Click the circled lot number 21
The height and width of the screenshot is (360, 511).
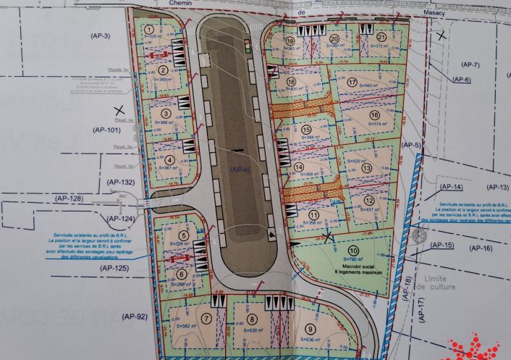coord(381,37)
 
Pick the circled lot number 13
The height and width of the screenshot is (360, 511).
coord(367,168)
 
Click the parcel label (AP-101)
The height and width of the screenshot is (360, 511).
coord(105,130)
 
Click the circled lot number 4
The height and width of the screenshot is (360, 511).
coord(169,161)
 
